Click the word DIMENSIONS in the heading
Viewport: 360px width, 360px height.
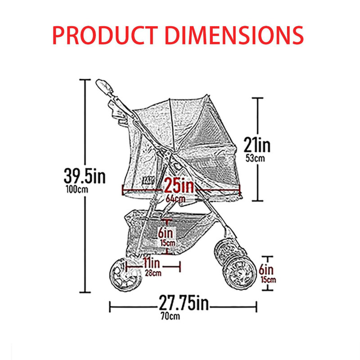tap(234, 35)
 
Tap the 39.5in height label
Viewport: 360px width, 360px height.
tap(85, 176)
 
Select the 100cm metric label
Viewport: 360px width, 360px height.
tap(77, 189)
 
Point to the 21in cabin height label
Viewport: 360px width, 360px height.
tap(257, 145)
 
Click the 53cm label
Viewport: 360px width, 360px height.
tap(255, 158)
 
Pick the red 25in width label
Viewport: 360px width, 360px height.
tap(179, 185)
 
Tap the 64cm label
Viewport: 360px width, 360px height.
tap(175, 199)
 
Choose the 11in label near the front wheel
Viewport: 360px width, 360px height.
tap(152, 263)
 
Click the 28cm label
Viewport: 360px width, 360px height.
tap(153, 273)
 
